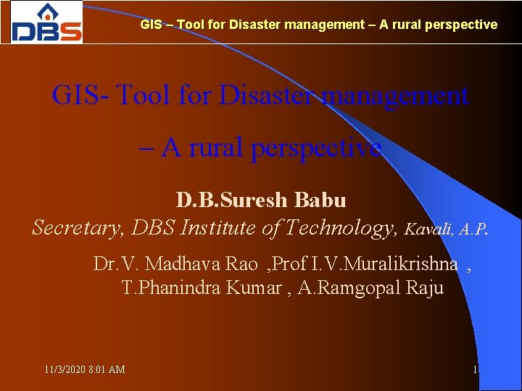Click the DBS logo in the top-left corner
coord(46,22)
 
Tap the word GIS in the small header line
coord(151,25)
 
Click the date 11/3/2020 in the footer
coord(64,370)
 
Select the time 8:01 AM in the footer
coord(106,370)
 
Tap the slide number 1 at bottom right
coord(475,370)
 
